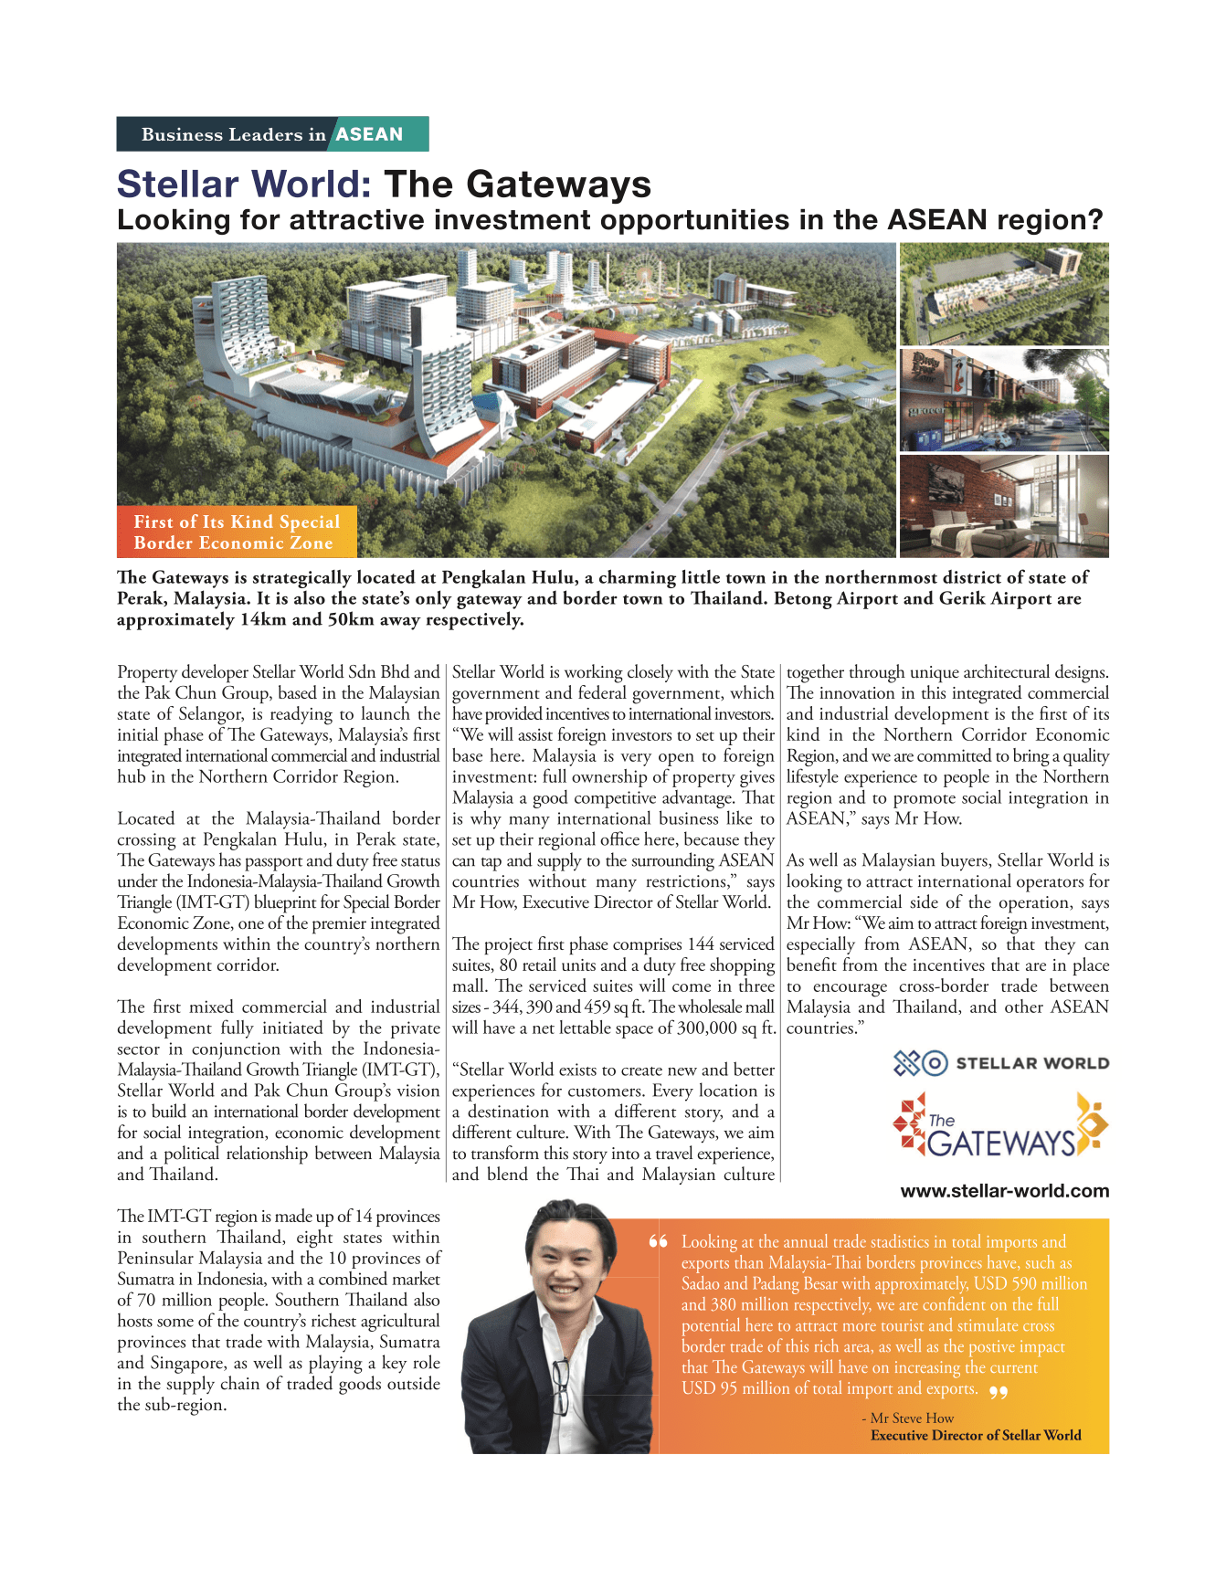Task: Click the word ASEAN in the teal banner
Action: [369, 134]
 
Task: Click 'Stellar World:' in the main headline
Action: [244, 185]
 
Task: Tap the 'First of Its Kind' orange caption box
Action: [237, 532]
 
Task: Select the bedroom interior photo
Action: [1003, 506]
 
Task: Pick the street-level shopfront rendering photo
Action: [1003, 400]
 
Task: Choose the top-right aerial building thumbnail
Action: [1003, 293]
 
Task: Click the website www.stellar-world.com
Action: [1004, 1191]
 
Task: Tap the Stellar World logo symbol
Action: [920, 1063]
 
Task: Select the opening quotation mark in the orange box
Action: [658, 1242]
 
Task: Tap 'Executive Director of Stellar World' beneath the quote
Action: [976, 1436]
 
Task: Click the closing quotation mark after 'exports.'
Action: [998, 1392]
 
